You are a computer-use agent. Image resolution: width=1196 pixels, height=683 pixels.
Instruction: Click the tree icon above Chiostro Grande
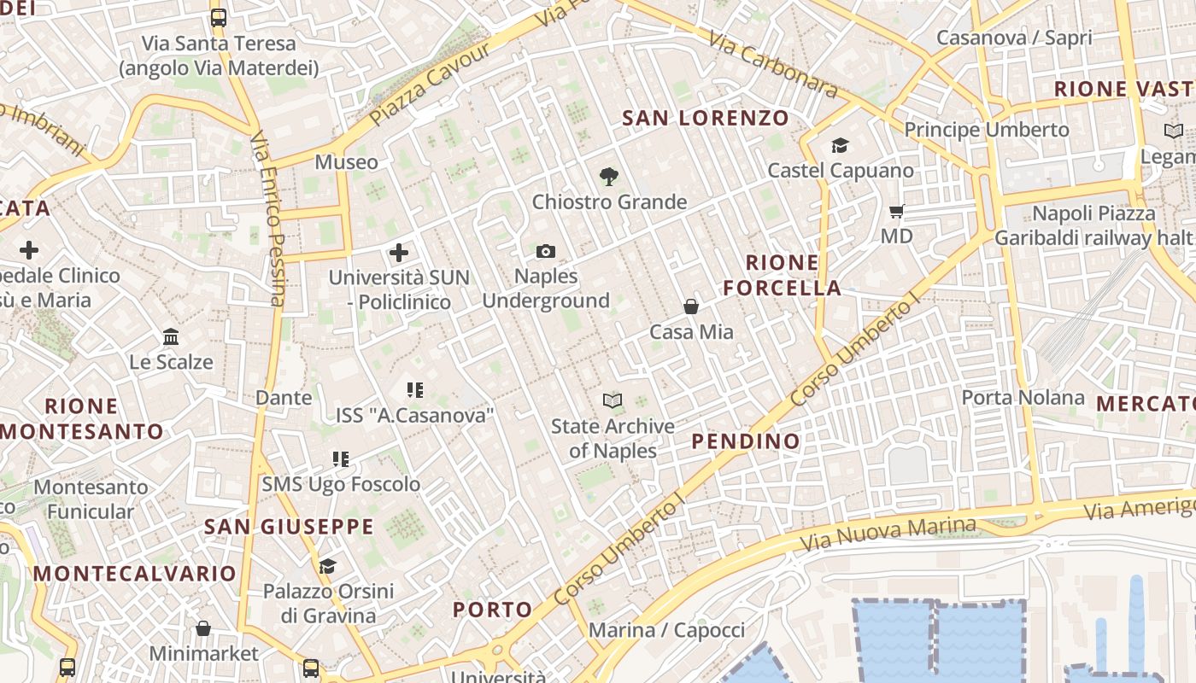608,177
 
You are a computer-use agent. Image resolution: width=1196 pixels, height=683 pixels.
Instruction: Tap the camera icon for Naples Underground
546,251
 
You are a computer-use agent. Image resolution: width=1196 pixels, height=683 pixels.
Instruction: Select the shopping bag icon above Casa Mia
691,306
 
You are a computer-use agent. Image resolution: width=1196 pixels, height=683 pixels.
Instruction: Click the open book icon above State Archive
613,400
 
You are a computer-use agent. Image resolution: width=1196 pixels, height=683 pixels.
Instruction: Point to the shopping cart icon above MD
897,211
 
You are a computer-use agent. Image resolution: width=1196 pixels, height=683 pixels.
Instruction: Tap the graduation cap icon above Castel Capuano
840,145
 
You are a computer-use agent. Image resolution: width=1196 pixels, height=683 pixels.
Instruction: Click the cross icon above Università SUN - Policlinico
398,253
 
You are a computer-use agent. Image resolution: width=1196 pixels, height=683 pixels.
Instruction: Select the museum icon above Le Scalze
171,337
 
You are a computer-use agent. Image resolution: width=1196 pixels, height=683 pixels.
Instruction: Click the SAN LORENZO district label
705,118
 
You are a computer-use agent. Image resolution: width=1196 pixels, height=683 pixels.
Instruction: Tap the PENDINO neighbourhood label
746,441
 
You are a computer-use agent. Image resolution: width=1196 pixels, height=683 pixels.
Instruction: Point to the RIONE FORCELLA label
783,275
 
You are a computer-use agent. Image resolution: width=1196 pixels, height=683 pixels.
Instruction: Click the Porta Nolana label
1023,398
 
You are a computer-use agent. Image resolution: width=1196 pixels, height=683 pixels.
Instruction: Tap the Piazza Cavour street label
431,84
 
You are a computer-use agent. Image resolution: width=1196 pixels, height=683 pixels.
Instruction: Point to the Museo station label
346,162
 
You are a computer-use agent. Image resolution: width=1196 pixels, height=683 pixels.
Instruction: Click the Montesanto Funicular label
91,499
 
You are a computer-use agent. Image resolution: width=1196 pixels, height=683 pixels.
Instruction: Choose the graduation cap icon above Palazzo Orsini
327,566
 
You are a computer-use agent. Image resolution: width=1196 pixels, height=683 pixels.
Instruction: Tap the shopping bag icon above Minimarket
203,629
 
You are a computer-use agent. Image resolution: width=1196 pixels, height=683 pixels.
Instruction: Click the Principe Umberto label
987,130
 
